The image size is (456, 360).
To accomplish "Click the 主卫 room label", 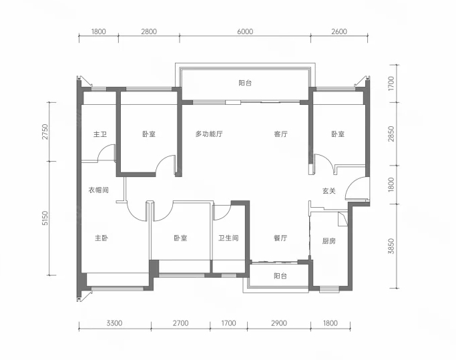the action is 99,134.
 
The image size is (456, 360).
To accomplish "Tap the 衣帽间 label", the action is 99,190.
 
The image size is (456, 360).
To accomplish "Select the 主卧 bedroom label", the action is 101,238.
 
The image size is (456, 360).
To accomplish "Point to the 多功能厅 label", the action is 209,134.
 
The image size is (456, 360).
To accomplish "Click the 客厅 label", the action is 280,134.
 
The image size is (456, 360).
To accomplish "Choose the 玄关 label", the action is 329,191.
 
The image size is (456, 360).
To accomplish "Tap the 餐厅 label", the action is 280,238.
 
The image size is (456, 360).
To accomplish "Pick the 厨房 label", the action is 329,241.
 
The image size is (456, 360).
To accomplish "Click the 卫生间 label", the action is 228,238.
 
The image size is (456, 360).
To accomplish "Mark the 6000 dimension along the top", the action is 245,31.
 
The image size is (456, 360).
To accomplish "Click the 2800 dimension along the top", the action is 149,31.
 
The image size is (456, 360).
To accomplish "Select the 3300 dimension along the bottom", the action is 114,323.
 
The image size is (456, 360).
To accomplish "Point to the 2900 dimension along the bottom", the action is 279,323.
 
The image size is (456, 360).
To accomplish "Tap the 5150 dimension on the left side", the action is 45,218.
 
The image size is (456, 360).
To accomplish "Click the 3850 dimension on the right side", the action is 391,246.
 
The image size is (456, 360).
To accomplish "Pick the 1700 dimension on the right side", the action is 391,83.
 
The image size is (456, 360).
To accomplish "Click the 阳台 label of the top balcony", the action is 245,83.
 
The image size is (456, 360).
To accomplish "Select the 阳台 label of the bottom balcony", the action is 280,276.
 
